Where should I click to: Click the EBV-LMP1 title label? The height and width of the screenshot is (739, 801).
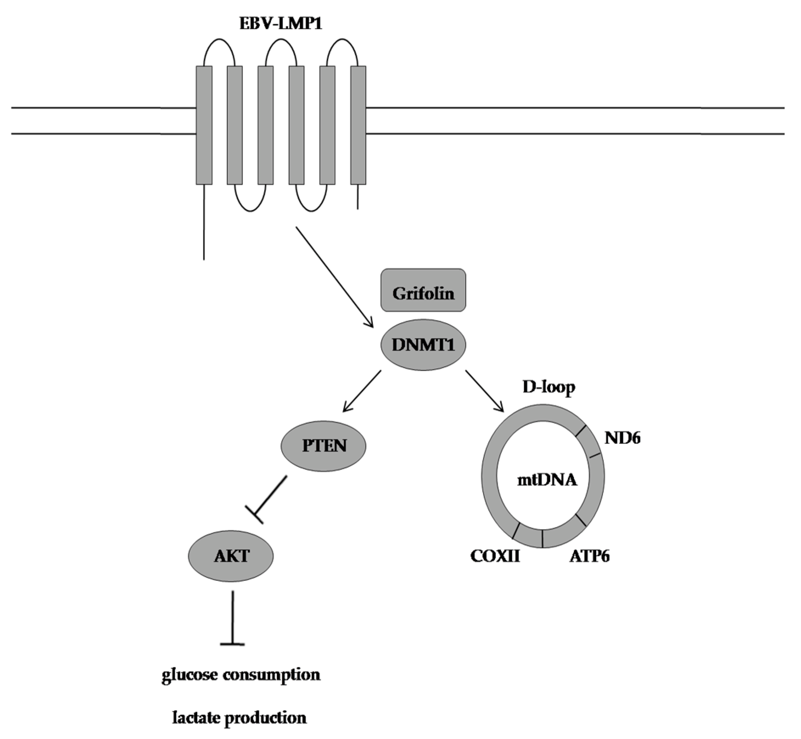point(281,24)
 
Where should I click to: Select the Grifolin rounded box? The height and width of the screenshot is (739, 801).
point(423,290)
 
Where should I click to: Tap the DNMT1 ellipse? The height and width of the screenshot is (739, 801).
point(423,345)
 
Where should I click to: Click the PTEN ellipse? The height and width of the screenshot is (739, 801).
point(324,446)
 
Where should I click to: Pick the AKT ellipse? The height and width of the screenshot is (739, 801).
point(231,556)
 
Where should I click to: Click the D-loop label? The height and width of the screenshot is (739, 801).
point(549,387)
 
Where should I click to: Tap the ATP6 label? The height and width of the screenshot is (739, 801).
point(590,556)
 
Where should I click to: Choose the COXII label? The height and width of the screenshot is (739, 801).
point(495,556)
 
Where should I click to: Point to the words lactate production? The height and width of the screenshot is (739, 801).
point(240,718)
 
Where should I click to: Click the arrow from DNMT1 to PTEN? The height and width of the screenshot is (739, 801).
point(362,391)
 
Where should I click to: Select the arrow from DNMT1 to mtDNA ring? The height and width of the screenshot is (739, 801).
point(484,391)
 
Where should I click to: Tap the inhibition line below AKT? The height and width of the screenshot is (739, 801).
point(232,618)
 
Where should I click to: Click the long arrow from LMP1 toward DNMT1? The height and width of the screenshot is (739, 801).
point(334,277)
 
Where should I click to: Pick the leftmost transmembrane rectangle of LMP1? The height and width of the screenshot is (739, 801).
point(204,125)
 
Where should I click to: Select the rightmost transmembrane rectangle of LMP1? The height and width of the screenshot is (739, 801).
point(358,125)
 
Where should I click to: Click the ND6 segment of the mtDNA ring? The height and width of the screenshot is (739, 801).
point(592,442)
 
